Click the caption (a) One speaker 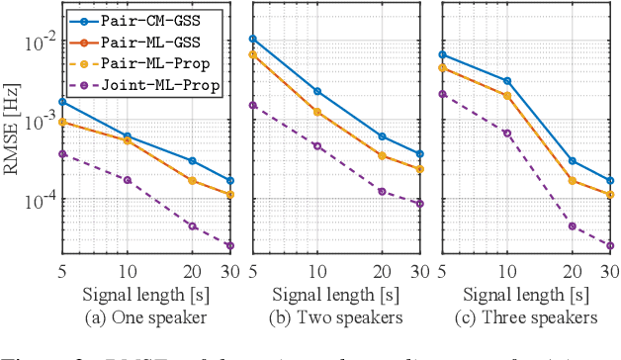coord(147,317)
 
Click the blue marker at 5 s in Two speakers coord(253,39)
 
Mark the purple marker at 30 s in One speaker coord(230,245)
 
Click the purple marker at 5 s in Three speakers coord(442,94)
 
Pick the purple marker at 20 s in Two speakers coord(383,191)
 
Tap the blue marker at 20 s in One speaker coord(193,160)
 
